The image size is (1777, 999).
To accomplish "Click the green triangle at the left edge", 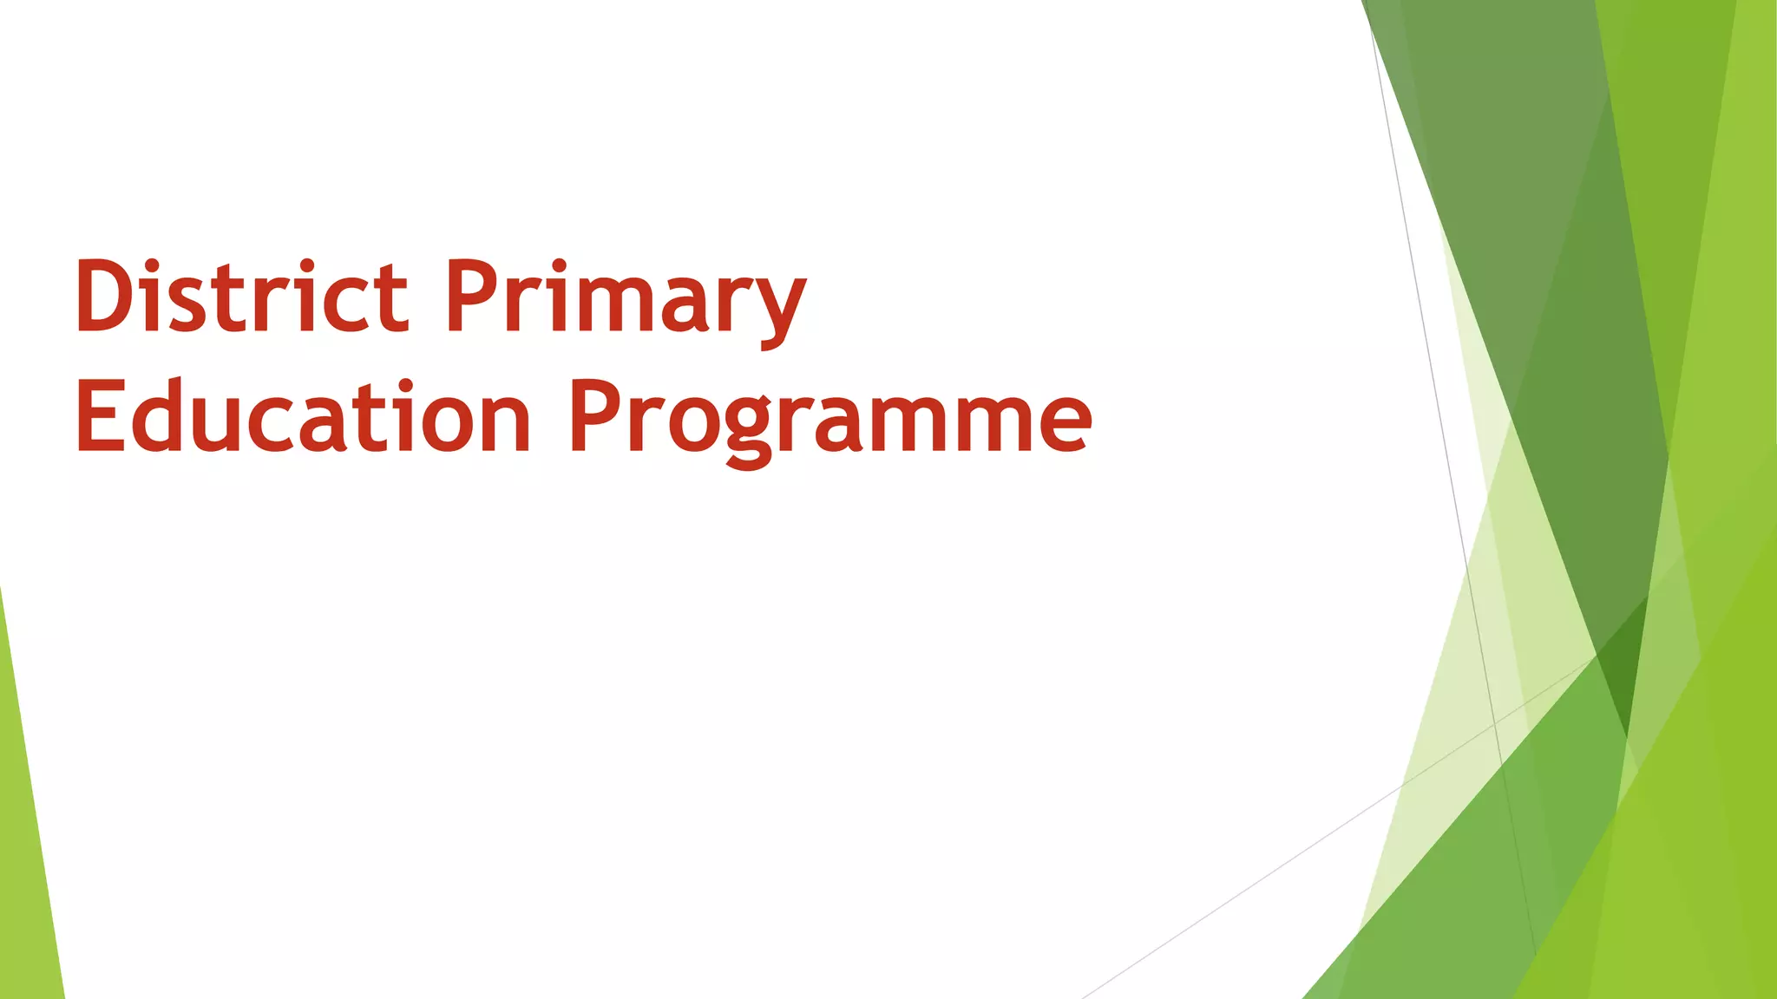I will click(26, 850).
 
